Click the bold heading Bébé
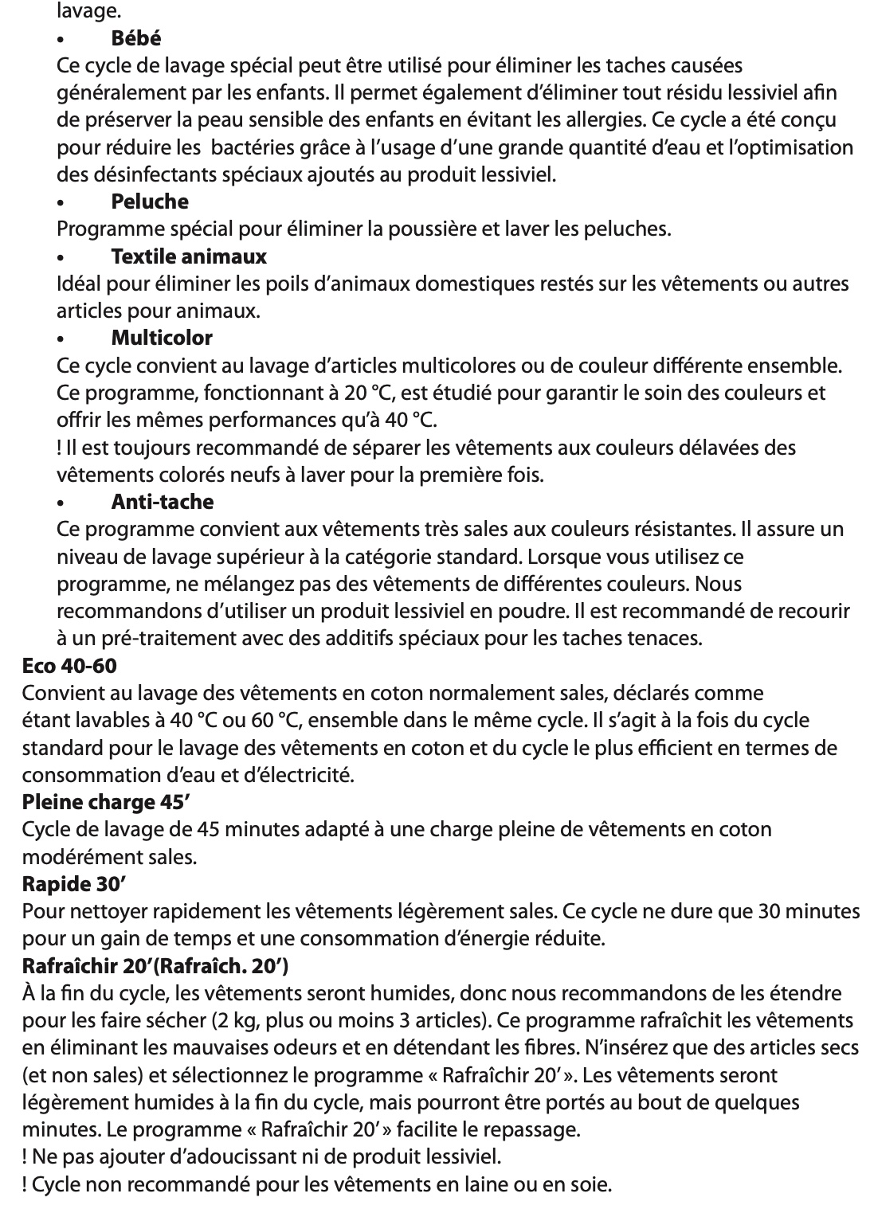click(x=136, y=37)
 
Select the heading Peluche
click(x=150, y=201)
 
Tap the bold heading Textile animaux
click(x=189, y=256)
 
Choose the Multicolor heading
click(x=162, y=338)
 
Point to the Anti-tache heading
click(x=163, y=502)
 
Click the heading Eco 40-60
click(x=69, y=665)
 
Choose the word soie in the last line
click(x=590, y=1184)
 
